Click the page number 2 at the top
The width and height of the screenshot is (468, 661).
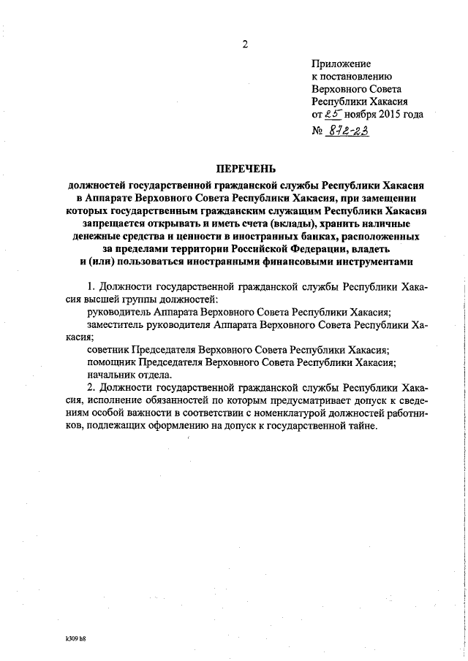245,45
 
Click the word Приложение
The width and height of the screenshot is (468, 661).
341,64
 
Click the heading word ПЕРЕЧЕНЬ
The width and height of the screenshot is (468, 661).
245,169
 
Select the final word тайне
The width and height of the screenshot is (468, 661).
358,427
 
